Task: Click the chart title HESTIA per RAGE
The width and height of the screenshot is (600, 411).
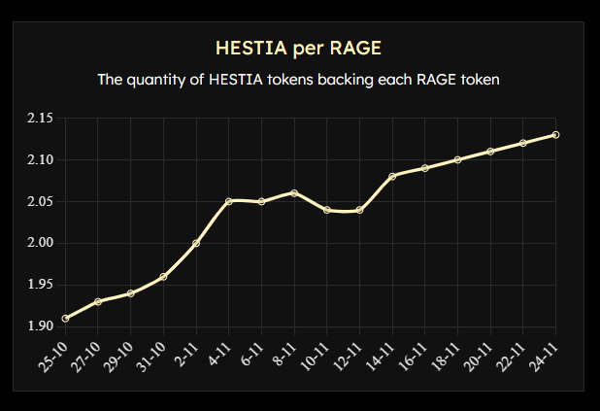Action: [x=299, y=48]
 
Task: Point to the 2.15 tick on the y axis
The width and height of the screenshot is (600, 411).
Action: [x=40, y=119]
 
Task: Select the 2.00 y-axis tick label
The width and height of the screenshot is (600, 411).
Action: [x=40, y=243]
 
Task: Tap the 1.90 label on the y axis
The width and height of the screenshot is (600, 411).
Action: [x=40, y=325]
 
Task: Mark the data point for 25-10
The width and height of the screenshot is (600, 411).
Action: [x=65, y=318]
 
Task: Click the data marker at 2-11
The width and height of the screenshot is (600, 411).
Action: [x=196, y=243]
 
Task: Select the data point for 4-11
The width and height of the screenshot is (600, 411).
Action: [x=229, y=201]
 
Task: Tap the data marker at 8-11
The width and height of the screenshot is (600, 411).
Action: [x=294, y=193]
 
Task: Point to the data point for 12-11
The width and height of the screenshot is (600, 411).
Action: [x=359, y=210]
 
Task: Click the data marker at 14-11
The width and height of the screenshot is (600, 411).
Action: [x=392, y=176]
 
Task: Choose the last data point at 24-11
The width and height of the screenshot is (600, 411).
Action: [x=555, y=135]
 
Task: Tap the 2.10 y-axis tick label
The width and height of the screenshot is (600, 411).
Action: [x=40, y=159]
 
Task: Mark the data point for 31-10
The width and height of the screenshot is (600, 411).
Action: [x=163, y=276]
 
